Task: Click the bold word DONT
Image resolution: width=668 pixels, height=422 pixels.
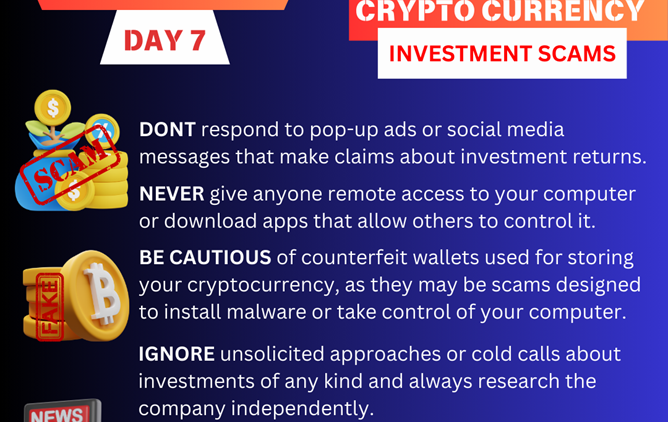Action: (x=168, y=130)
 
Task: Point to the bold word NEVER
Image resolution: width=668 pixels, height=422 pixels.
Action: (x=172, y=193)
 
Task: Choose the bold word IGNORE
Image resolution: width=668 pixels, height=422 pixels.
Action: (x=176, y=355)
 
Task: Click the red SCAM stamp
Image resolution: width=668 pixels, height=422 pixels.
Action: (x=69, y=169)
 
